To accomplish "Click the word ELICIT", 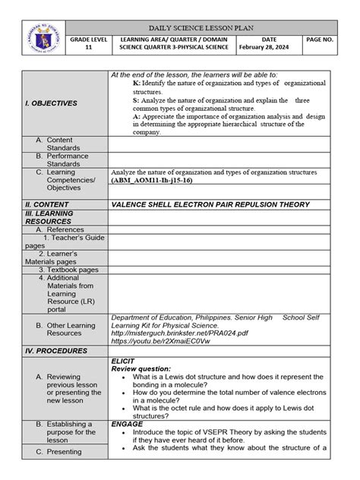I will click(x=123, y=361).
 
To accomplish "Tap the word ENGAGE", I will click(x=127, y=424).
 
